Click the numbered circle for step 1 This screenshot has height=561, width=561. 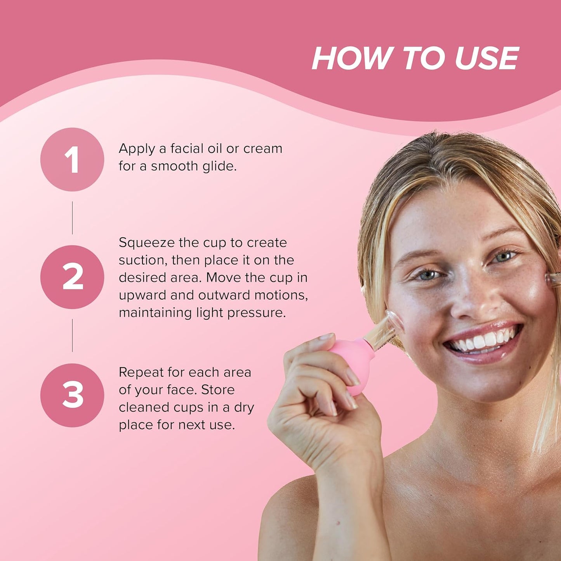click(72, 159)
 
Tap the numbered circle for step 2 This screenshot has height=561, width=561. click(72, 277)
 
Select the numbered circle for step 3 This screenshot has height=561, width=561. click(72, 395)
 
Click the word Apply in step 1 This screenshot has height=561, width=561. click(137, 149)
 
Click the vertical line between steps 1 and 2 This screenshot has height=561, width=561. click(72, 218)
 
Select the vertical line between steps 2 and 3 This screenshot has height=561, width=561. click(72, 335)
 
